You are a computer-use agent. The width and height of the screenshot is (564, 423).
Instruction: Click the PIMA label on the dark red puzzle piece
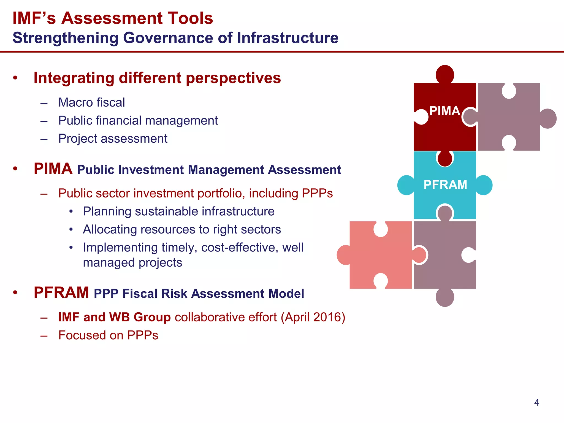coord(444,111)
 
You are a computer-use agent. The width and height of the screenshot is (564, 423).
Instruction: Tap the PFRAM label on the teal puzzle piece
coord(445,185)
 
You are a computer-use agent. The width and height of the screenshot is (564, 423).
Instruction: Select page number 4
coord(536,403)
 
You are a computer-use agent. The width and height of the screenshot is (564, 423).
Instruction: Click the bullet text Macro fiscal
coord(91,102)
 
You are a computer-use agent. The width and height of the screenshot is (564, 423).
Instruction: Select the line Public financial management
coord(138,121)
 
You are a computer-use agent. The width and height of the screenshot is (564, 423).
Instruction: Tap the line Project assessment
coord(113,139)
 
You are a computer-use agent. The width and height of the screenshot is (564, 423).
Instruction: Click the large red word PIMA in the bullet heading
coord(53,169)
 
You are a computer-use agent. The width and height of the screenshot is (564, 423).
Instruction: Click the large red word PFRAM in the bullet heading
coord(61,292)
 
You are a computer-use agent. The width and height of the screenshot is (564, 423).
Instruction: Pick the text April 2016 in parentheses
coord(313,317)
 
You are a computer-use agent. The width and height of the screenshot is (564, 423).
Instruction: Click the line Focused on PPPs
coord(108,335)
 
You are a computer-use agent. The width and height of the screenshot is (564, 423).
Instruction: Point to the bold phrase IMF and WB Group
coord(114,317)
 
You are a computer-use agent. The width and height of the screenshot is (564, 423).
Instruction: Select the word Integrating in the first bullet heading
coord(74,78)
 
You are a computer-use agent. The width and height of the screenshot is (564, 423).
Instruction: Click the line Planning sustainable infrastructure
coord(178,211)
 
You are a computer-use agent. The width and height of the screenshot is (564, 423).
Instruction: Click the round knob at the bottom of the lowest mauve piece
coord(445,298)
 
